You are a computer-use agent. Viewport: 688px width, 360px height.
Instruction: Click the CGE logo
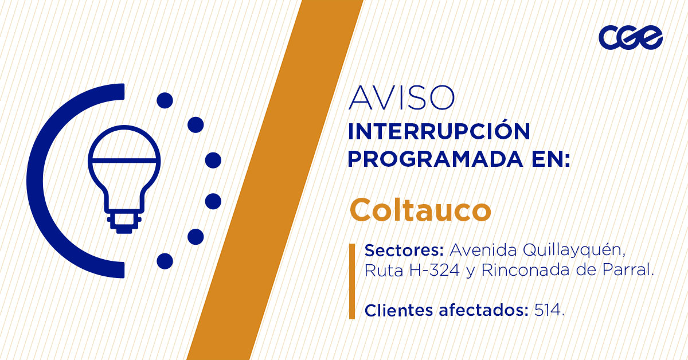(x=630, y=38)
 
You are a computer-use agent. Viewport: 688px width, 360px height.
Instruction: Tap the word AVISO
(x=401, y=98)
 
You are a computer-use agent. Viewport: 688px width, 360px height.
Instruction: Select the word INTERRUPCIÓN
(x=439, y=132)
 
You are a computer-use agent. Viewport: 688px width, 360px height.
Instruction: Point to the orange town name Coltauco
(x=420, y=210)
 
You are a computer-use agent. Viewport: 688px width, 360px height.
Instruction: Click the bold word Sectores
(x=405, y=251)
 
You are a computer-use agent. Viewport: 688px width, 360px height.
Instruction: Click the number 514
(x=549, y=311)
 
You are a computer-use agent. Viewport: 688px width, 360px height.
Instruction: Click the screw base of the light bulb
(x=123, y=222)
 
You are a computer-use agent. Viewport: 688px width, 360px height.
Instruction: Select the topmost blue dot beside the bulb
(x=165, y=100)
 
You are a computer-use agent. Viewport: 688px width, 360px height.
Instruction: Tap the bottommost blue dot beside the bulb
(x=165, y=261)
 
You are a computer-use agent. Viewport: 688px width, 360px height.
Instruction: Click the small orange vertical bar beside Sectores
(x=352, y=281)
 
